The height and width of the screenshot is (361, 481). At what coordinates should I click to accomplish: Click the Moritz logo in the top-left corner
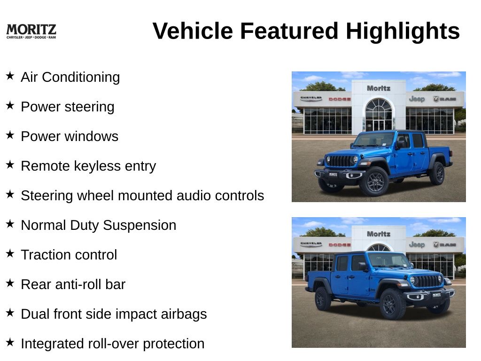click(x=31, y=31)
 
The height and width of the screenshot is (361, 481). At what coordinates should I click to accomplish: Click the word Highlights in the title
click(x=403, y=31)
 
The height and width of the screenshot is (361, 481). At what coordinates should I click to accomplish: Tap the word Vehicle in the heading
click(x=193, y=31)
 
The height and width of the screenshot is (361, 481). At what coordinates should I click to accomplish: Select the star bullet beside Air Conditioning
click(x=10, y=76)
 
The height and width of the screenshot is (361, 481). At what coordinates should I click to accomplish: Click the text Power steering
click(x=68, y=107)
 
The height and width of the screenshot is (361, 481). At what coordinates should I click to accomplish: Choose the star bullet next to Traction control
click(x=10, y=253)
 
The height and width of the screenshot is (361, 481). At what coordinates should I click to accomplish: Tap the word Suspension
click(x=140, y=225)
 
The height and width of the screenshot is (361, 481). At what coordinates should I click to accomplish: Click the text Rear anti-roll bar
click(x=73, y=284)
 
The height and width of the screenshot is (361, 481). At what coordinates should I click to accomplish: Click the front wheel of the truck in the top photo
click(x=374, y=181)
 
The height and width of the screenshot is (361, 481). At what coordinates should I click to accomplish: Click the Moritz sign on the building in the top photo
click(x=379, y=88)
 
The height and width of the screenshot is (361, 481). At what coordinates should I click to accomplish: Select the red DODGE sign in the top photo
click(x=340, y=99)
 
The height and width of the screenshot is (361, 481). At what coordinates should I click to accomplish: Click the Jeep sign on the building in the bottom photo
click(x=417, y=244)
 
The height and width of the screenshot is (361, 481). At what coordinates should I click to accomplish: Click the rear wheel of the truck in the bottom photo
click(x=322, y=298)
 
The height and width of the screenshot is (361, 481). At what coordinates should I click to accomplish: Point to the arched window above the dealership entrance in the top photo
click(x=379, y=105)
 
